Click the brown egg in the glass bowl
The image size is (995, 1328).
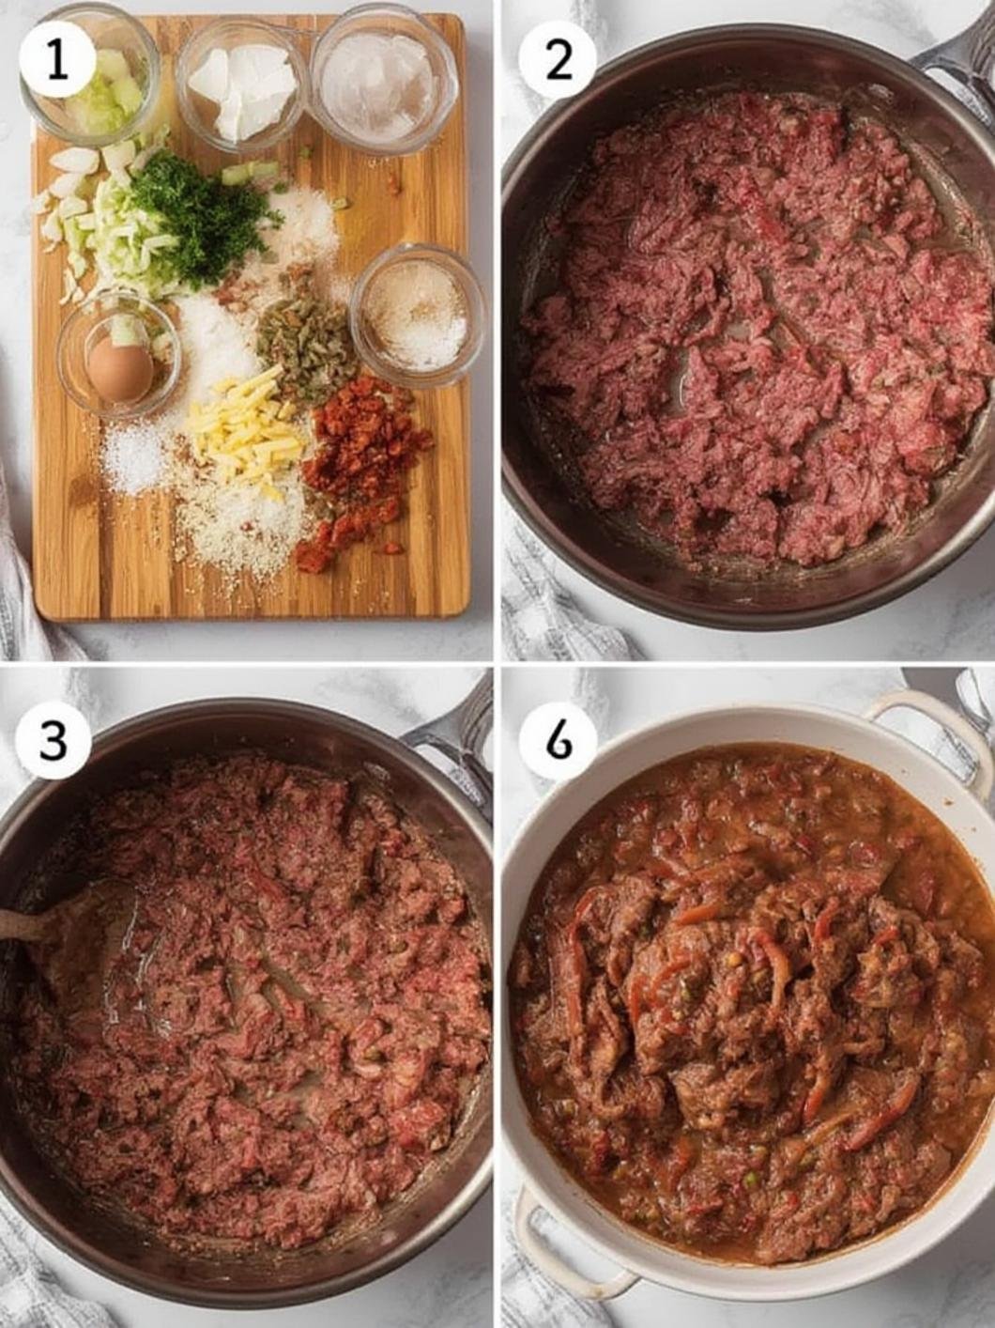click(x=119, y=368)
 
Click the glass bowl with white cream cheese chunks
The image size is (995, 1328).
click(x=242, y=86)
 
